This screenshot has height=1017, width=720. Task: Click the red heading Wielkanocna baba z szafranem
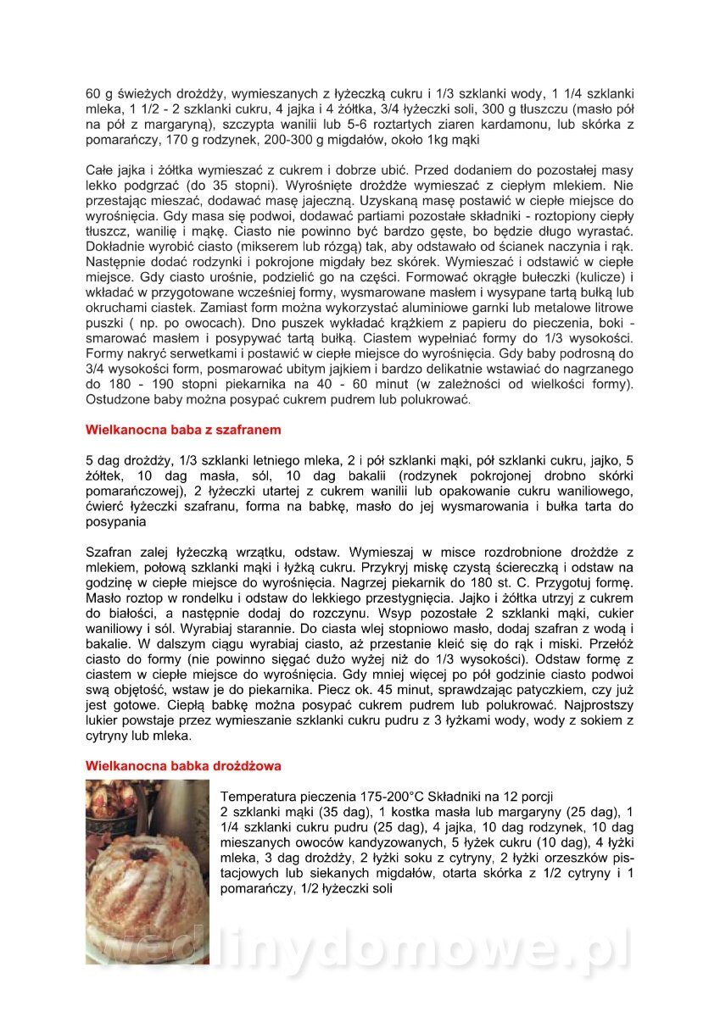[x=183, y=430]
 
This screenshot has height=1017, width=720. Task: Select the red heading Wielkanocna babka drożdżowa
[x=183, y=765]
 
